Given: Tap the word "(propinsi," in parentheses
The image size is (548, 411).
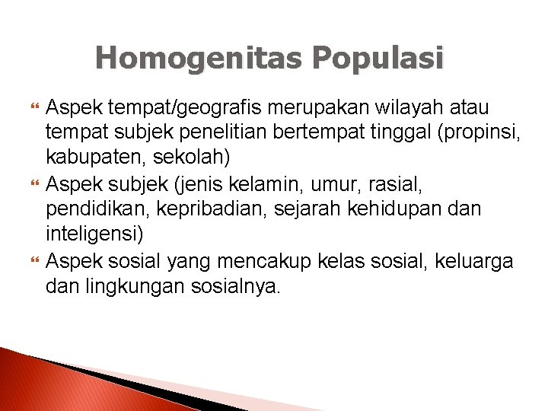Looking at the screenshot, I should (x=478, y=134).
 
